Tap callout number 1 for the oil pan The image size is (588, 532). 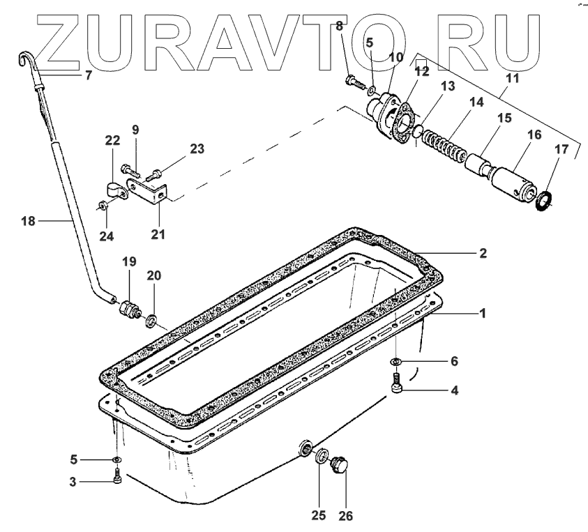point(482,313)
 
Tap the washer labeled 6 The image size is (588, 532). point(395,362)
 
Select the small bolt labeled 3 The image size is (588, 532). point(116,478)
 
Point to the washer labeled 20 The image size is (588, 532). point(150,320)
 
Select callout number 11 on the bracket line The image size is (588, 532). point(512,79)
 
